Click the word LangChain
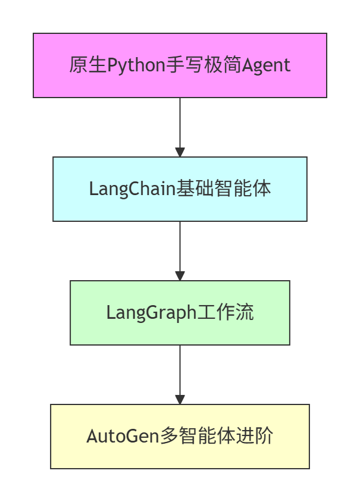click(132, 189)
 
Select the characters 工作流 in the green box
click(226, 312)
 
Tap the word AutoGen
click(123, 436)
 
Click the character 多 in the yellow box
click(168, 436)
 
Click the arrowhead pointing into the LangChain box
click(180, 152)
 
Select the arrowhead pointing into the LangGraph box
click(180, 276)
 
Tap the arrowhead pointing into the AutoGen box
click(180, 400)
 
